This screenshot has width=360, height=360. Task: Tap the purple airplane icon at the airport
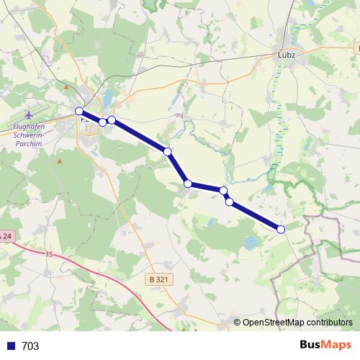point(29,115)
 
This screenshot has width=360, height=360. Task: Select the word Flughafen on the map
point(30,129)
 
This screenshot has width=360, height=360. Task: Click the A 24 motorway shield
point(6,235)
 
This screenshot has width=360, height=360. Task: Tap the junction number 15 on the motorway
point(49,255)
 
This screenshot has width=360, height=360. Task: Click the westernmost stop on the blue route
point(79,110)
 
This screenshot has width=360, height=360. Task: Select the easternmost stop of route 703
point(281,229)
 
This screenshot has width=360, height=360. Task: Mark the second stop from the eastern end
point(230,202)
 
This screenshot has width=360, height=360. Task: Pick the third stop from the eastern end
point(224,190)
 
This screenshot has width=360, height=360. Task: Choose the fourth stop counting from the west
point(167,151)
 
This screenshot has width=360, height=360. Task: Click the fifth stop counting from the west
point(188,184)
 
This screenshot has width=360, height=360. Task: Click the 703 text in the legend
point(30,346)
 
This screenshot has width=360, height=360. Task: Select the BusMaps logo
point(325,345)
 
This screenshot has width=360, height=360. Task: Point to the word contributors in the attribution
point(330,322)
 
